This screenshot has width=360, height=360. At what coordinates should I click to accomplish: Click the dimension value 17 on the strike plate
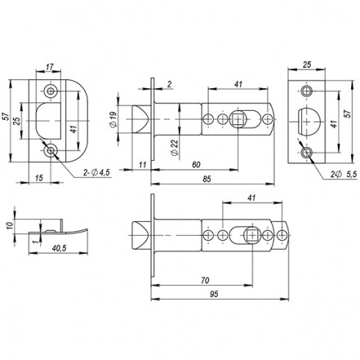(x=50, y=67)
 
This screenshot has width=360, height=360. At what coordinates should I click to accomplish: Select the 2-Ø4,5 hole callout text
(x=96, y=172)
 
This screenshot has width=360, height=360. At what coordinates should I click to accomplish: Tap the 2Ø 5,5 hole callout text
(x=344, y=175)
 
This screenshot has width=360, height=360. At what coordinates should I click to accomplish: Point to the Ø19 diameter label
(x=113, y=119)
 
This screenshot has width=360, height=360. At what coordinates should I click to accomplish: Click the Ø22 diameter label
(x=175, y=148)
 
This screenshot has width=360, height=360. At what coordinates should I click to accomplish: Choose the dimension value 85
(x=207, y=180)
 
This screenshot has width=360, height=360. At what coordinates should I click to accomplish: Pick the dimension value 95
(x=214, y=294)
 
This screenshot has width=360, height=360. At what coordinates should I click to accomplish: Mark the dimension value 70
(x=205, y=280)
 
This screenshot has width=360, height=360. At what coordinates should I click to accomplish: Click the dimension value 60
(x=196, y=165)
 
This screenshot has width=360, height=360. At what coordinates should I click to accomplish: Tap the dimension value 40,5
(x=59, y=248)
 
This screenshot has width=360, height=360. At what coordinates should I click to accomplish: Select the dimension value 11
(x=142, y=165)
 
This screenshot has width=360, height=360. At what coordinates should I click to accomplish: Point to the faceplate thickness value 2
(x=169, y=85)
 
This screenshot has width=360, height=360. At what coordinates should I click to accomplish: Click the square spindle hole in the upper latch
(x=238, y=119)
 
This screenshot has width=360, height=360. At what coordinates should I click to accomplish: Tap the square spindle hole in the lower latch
(x=252, y=235)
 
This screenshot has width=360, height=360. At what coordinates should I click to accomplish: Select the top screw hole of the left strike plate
(x=51, y=91)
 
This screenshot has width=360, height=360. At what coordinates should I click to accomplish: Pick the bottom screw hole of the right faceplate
(x=307, y=153)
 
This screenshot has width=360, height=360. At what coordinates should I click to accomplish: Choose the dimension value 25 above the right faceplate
(x=307, y=64)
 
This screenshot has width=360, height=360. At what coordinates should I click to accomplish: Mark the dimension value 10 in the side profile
(x=10, y=225)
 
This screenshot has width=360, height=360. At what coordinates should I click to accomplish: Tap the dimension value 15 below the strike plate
(x=39, y=178)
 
